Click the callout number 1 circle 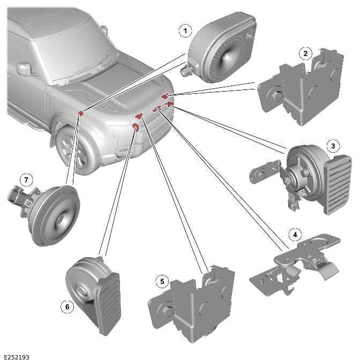pos(185,31)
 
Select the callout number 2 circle pos(305,54)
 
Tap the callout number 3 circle pos(333,146)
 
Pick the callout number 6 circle pos(66,306)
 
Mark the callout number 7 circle pos(25,179)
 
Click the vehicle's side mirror pos(24,69)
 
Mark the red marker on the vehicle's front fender pos(81,112)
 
